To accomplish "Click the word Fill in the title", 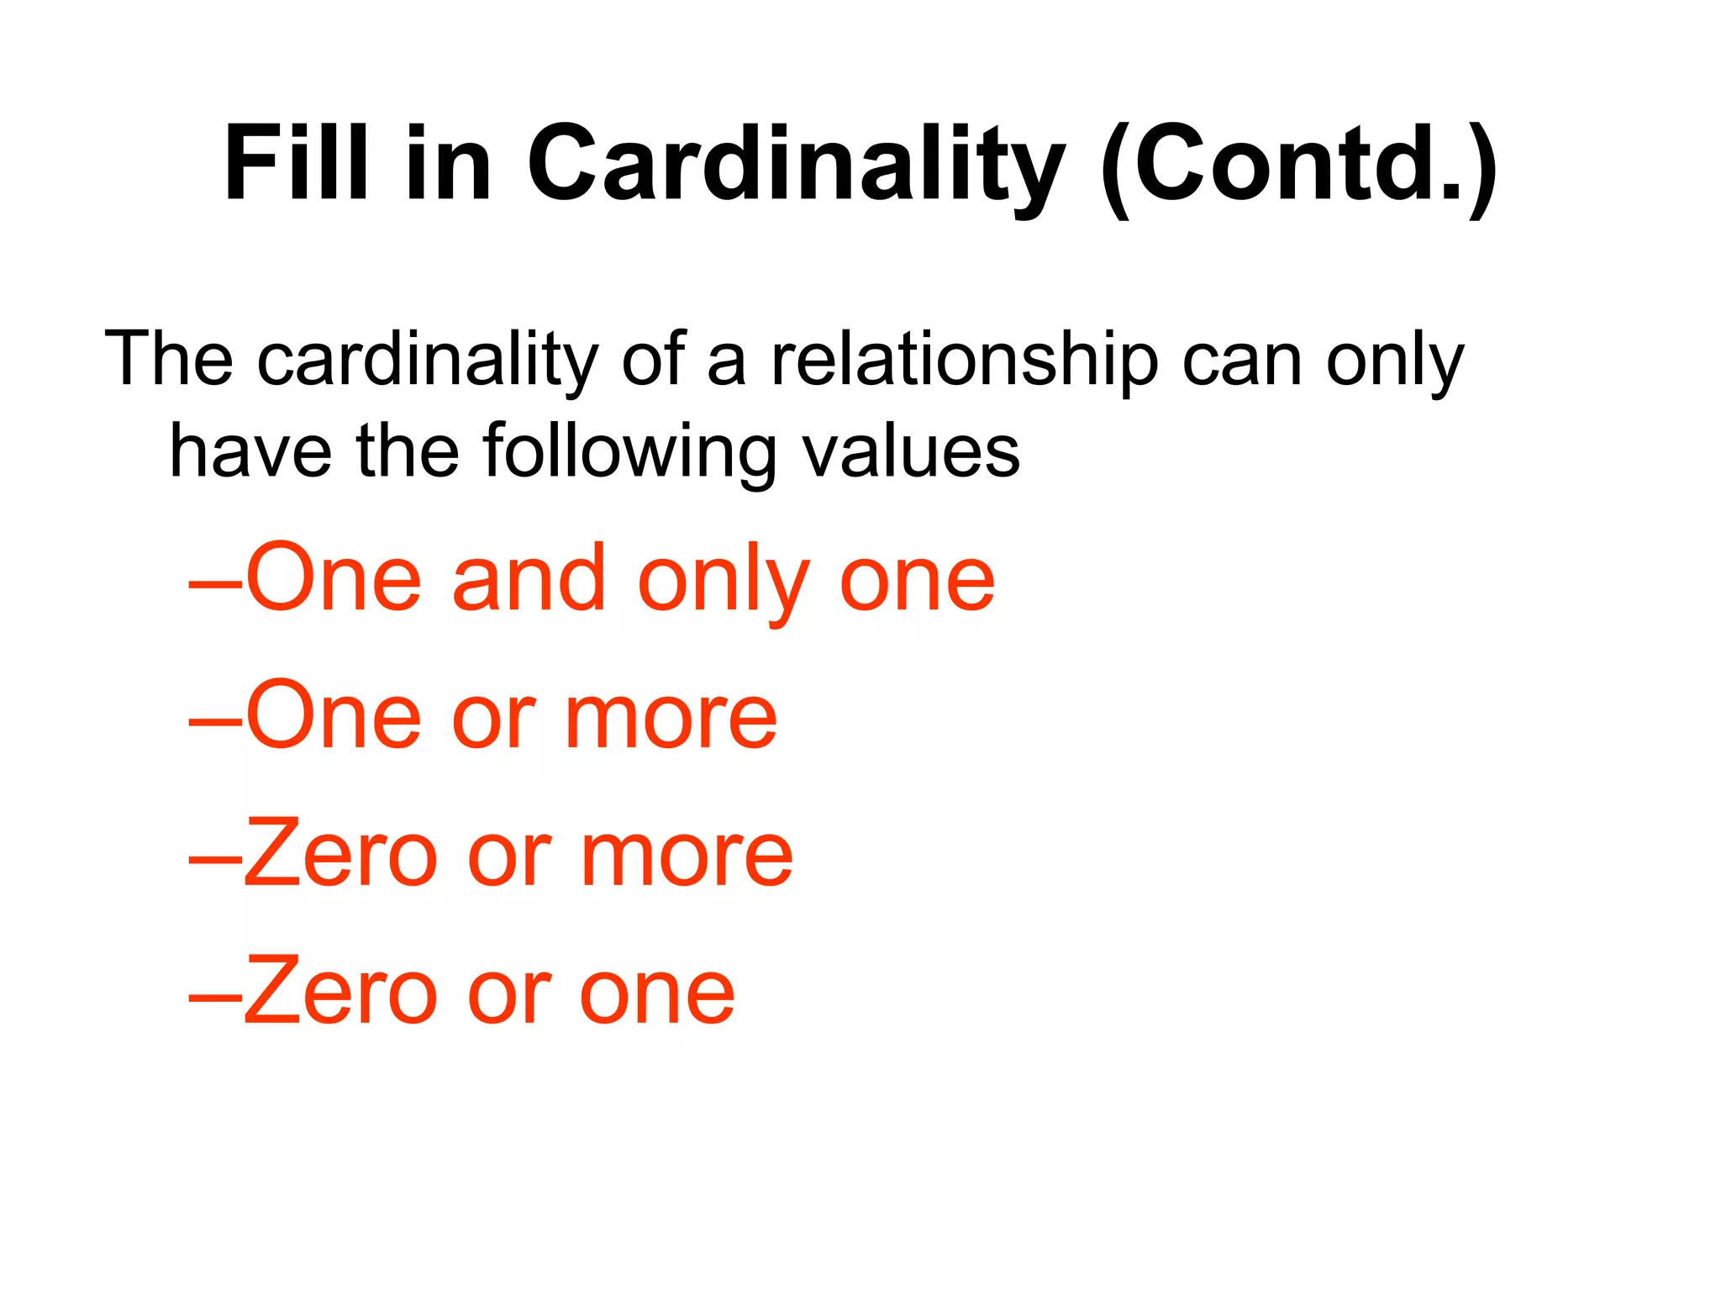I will tap(296, 164).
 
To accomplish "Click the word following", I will tap(629, 453).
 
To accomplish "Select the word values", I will tap(911, 451).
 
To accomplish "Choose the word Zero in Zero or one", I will tap(340, 993).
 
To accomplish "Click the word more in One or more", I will tap(671, 719).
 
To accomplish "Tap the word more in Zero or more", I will tap(687, 857).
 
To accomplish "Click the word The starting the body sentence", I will tap(168, 360).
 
